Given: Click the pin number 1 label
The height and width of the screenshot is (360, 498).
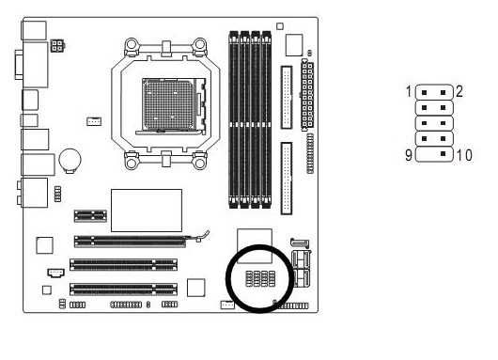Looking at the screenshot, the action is tap(409, 92).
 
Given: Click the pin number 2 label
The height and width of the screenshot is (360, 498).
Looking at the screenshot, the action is tap(460, 92).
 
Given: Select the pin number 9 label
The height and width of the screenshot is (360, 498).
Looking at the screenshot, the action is tap(409, 154).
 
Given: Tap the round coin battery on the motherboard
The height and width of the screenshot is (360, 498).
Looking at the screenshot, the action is tap(70, 160).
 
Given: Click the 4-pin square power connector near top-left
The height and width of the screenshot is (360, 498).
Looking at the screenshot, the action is tap(59, 44).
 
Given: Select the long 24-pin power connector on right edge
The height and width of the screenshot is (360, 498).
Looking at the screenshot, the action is tap(307, 96).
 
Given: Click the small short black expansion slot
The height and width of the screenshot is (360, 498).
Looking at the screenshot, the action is tap(90, 215).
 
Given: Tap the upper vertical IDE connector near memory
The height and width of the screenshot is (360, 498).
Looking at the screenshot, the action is tap(286, 96).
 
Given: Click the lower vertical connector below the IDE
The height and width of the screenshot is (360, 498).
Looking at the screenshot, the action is tap(286, 177).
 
